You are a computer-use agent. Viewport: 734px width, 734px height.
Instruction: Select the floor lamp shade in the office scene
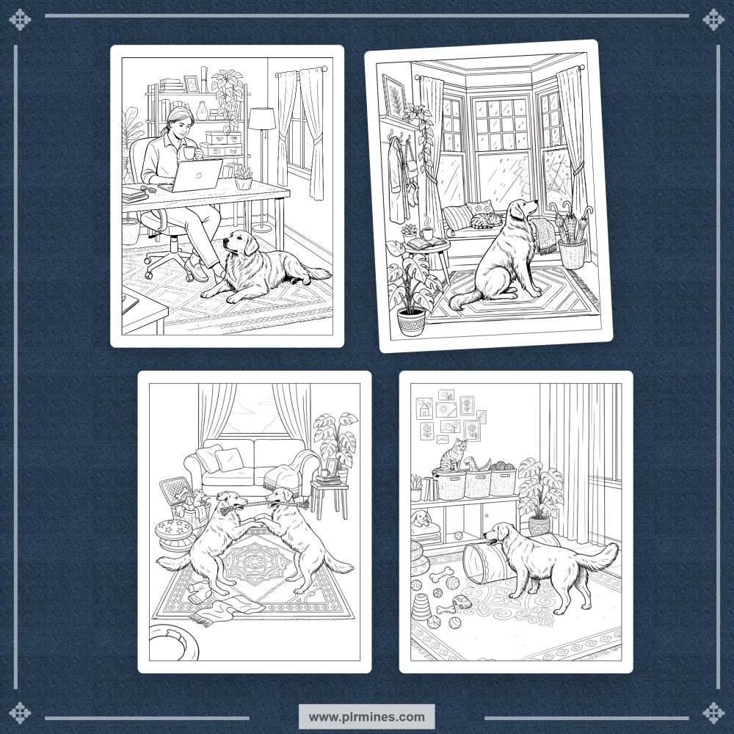click(261, 119)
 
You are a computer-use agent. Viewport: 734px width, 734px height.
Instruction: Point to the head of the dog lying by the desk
click(240, 242)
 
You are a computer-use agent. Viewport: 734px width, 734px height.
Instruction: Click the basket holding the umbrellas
click(572, 253)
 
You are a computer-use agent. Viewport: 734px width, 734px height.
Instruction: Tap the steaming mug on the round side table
click(426, 233)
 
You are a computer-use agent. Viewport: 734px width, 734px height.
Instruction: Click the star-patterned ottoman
click(174, 531)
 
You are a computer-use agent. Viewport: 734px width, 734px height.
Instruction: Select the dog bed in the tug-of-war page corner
click(173, 643)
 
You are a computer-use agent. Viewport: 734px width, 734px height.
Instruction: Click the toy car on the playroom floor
click(461, 603)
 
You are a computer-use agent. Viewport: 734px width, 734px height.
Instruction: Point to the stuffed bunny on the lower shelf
click(421, 518)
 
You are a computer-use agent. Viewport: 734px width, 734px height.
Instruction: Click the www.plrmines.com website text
click(366, 716)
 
